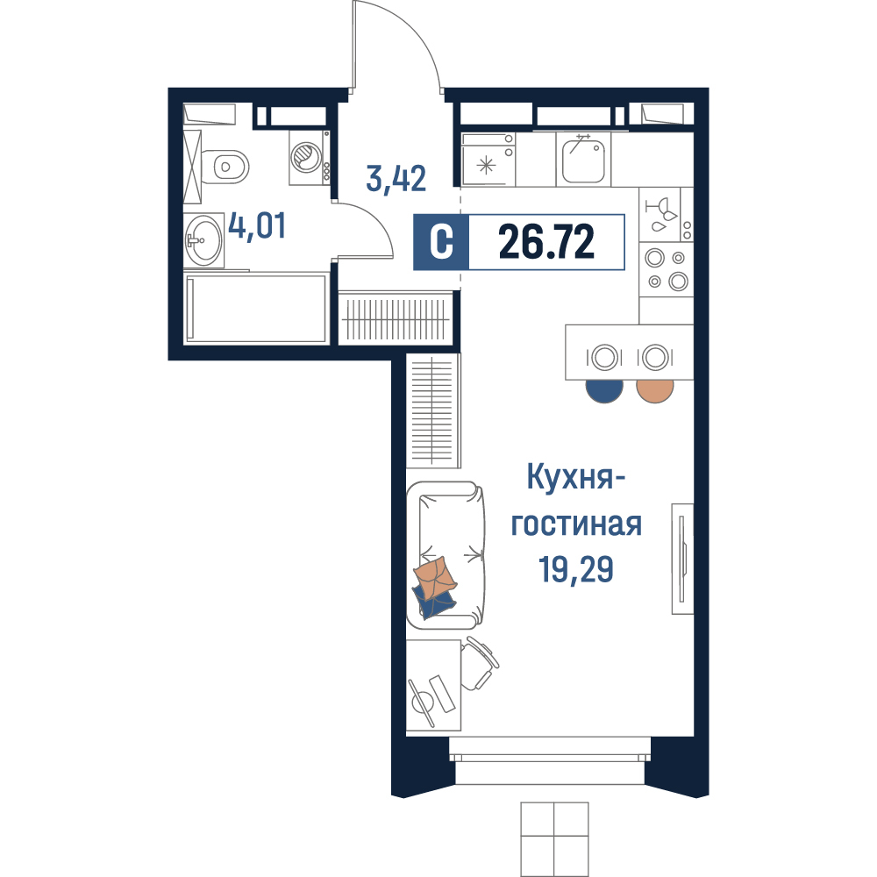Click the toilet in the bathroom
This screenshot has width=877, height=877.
click(224, 167)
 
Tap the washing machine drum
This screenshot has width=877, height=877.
click(306, 156)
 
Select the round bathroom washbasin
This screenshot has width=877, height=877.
click(203, 240)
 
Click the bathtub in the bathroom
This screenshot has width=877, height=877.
click(255, 308)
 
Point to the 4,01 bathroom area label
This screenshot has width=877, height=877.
click(257, 226)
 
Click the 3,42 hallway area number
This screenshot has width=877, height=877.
click(396, 178)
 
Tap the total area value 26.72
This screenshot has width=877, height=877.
click(545, 242)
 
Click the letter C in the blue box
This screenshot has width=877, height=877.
click(441, 242)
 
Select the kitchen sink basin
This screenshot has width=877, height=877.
click(583, 159)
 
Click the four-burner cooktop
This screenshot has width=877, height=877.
click(667, 269)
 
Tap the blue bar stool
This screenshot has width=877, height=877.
click(604, 390)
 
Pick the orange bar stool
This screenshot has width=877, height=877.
click(655, 390)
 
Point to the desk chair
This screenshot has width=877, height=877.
click(480, 663)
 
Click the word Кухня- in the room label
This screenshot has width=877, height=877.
click(575, 478)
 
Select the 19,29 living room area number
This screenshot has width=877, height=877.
click(575, 569)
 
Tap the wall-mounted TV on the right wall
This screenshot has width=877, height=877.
click(682, 559)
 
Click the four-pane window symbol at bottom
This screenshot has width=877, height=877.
click(554, 839)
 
